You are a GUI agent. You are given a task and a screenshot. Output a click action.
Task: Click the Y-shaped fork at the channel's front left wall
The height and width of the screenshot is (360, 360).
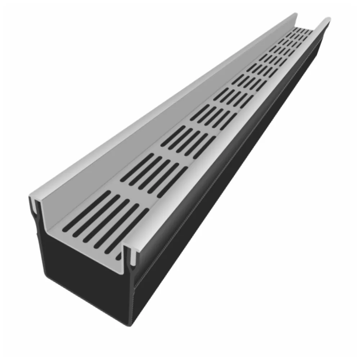(x=36, y=220)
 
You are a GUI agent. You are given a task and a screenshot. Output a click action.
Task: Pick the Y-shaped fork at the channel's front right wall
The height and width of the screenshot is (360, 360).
(x=132, y=268)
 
